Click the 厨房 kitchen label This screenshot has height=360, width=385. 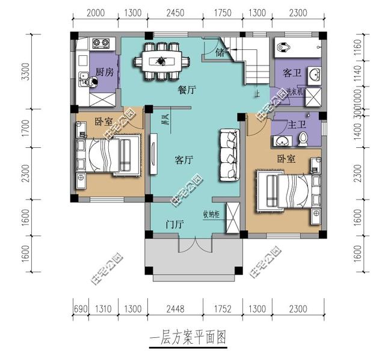105,73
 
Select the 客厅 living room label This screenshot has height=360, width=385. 183,160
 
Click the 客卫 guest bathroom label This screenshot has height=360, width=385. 292,73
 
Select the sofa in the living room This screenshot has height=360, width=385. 229,154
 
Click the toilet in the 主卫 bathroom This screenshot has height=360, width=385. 304,139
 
